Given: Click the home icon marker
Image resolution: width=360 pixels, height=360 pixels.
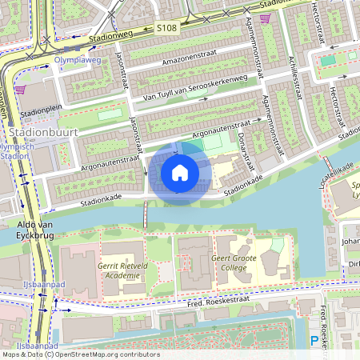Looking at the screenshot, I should pyautogui.click(x=180, y=172).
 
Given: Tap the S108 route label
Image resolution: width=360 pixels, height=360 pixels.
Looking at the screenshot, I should pyautogui.click(x=166, y=28).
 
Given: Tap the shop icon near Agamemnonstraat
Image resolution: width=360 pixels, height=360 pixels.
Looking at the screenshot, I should pyautogui.click(x=265, y=17).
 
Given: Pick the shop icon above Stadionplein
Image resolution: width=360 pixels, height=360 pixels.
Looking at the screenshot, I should pyautogui.click(x=19, y=90).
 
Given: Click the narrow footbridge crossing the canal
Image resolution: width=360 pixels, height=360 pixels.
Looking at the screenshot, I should pyautogui.click(x=145, y=214).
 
